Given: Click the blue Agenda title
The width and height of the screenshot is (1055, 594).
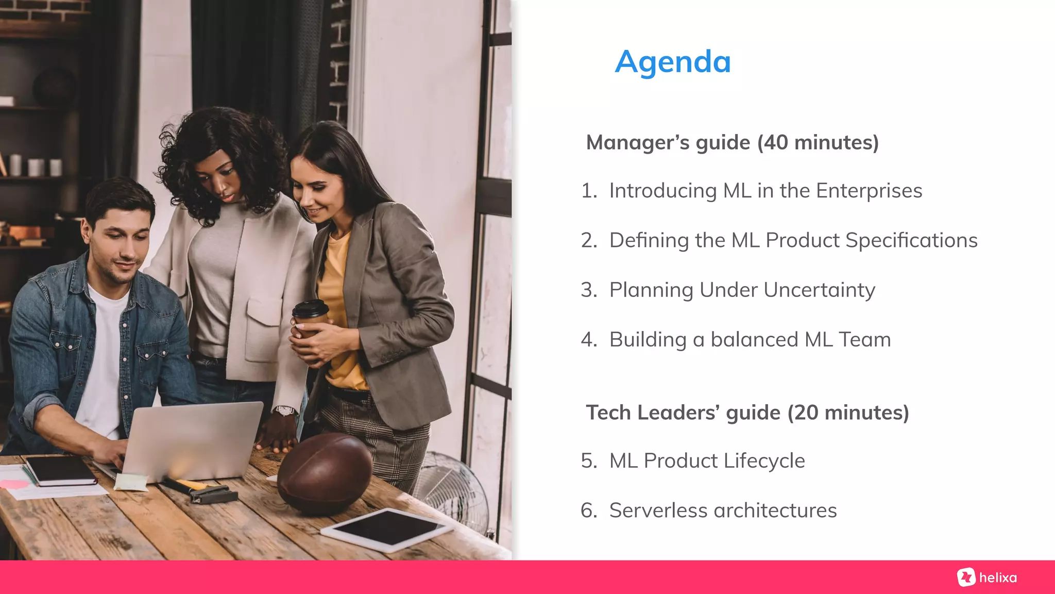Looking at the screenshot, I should pos(673,62).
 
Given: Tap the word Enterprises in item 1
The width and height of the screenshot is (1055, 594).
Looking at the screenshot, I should pos(869,191).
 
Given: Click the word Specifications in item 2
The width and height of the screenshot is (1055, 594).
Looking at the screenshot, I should pos(911,240).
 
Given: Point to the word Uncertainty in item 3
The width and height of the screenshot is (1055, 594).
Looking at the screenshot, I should pos(819,290).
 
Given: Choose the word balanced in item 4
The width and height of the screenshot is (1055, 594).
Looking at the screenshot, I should pos(754,340).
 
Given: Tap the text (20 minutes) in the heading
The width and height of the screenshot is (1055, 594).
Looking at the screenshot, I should pos(848,412).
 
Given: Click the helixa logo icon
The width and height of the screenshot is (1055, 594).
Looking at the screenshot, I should pos(966,577).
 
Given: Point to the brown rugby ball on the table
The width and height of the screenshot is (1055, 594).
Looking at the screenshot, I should pos(325,473).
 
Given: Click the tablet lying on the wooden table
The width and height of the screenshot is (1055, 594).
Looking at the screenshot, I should pos(387,529).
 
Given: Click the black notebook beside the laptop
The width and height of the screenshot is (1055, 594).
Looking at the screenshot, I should pos(61,471).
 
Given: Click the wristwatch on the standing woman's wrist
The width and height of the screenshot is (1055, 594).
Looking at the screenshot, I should pos(284,411).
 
